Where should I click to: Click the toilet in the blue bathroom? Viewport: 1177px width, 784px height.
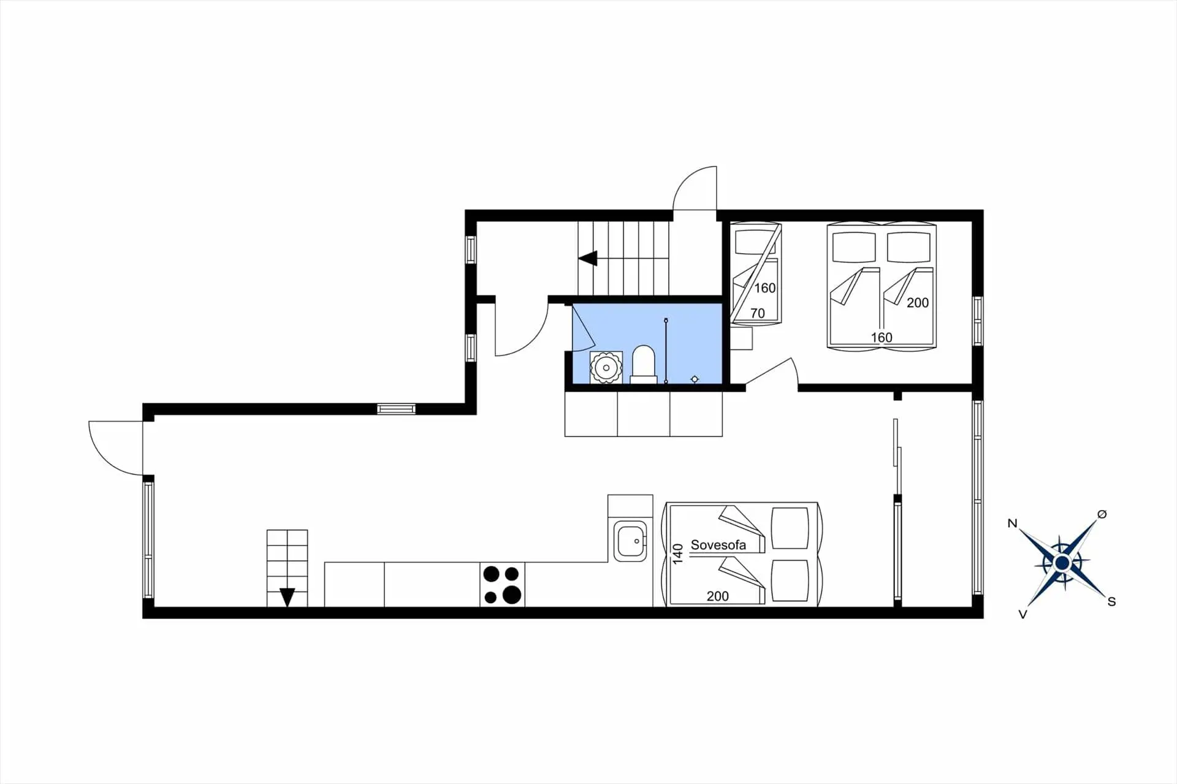pos(643,364)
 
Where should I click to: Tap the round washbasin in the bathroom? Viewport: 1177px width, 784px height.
pos(606,368)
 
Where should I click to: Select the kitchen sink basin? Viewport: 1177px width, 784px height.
pos(630,541)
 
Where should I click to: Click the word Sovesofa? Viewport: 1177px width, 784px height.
pos(718,545)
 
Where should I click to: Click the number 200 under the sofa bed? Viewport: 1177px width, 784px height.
pos(717,596)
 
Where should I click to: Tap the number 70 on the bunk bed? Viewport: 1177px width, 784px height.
pos(758,313)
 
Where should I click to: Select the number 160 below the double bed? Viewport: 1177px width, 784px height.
pos(882,337)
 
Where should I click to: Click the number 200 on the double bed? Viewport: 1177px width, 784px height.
pos(918,302)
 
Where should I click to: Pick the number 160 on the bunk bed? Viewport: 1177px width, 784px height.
pos(765,288)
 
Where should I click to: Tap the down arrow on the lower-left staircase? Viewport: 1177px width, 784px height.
pos(287,597)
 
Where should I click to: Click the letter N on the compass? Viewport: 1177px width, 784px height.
pos(1012,523)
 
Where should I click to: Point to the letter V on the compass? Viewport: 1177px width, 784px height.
pos(1023,614)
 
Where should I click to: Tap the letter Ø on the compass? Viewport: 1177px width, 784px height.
pos(1102,514)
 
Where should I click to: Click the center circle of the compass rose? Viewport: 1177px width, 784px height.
pos(1062,563)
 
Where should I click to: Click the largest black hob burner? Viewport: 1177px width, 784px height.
pos(512,595)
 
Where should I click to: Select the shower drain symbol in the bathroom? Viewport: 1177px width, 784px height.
pos(695,379)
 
